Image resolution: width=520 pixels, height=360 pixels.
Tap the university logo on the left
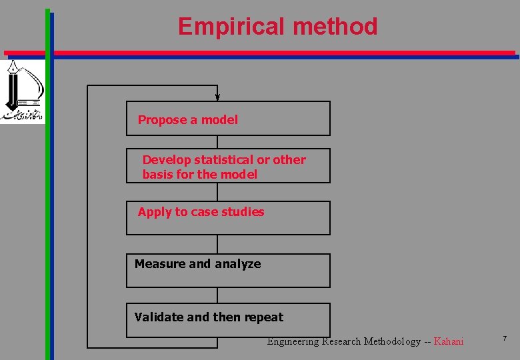click(22, 91)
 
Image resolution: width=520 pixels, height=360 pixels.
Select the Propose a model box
click(228, 119)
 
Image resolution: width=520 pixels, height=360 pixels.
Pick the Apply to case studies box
click(228, 218)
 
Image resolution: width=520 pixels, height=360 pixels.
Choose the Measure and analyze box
click(228, 271)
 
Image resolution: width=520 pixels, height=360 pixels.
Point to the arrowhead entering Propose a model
click(217, 97)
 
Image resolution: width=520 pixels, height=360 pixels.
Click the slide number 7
click(505, 339)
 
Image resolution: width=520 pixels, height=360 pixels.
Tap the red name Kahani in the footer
click(448, 341)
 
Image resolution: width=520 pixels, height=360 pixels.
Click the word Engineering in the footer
click(294, 341)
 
